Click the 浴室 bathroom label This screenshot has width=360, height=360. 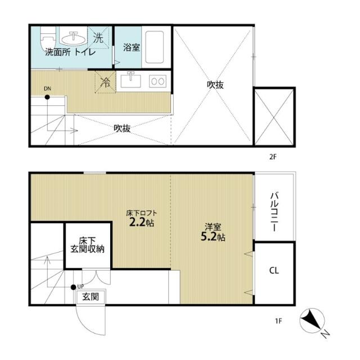pos(131,47)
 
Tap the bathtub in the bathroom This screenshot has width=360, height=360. pos(155,47)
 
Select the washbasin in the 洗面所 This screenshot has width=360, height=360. pos(74,38)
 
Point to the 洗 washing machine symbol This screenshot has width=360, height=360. pos(98,38)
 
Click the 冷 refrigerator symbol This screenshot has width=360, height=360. pos(105,82)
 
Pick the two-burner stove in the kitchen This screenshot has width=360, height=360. pos(157,81)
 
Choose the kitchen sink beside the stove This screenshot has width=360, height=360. pos(131,79)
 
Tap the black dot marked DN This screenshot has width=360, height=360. pos(47,97)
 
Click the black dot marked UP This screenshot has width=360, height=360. pos(74,287)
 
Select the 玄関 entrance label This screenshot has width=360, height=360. pos(91,297)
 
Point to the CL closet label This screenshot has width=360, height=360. pos(274,271)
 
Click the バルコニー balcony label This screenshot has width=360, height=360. pos(274,211)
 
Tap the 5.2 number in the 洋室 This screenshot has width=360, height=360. pos(209,237)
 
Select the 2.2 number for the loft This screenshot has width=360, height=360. pos(137,222)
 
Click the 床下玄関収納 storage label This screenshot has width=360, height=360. pos(87,245)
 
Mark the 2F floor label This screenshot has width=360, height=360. pos(273,157)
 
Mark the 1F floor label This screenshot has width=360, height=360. pos(278,321)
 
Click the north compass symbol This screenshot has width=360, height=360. pos(312,321)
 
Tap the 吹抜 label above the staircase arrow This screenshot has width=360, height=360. pos(122,128)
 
